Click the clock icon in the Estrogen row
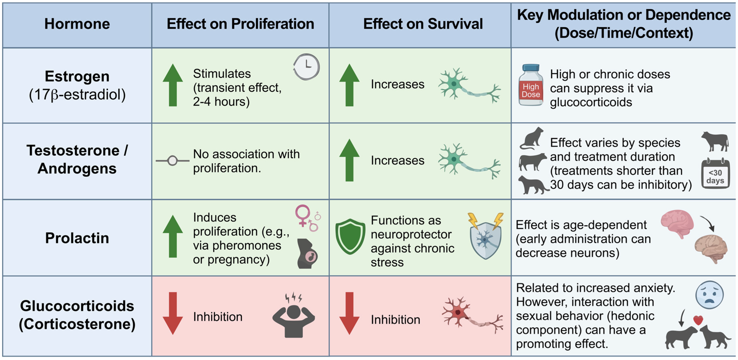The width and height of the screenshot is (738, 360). click(306, 67)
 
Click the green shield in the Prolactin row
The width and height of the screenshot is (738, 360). click(350, 236)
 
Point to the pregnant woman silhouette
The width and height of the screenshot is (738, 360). click(307, 253)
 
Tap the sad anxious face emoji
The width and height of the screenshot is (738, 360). click(709, 295)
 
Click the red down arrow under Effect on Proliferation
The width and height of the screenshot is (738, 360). click(173, 313)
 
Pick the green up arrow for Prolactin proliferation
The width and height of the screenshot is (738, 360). click(173, 236)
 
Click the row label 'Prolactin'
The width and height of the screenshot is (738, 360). click(77, 238)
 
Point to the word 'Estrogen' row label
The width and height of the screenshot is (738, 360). click(77, 76)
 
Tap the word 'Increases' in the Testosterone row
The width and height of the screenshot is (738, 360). click(397, 160)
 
